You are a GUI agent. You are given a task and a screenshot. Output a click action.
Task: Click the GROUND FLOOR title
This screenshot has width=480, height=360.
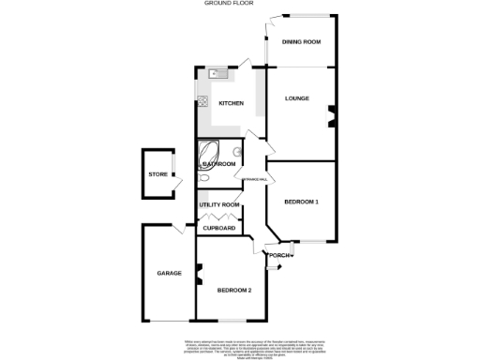click(x=231, y=4)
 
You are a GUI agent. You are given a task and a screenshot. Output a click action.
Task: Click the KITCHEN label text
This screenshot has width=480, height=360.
click(x=232, y=103)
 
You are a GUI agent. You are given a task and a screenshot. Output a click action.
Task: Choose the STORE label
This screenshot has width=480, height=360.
click(x=157, y=174)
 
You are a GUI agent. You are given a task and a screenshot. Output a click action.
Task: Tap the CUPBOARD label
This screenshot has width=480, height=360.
click(x=219, y=228)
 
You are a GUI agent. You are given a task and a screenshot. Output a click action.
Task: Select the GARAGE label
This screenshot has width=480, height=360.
click(x=169, y=273)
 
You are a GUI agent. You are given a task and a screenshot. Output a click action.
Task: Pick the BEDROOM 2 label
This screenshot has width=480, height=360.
click(x=234, y=291)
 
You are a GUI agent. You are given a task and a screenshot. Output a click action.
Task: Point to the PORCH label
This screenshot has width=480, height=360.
click(x=278, y=256)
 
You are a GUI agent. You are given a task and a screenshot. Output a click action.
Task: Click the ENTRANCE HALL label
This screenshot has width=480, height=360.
click(x=256, y=179)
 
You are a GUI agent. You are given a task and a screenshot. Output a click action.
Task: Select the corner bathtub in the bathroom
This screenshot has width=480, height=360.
click(x=208, y=152)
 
